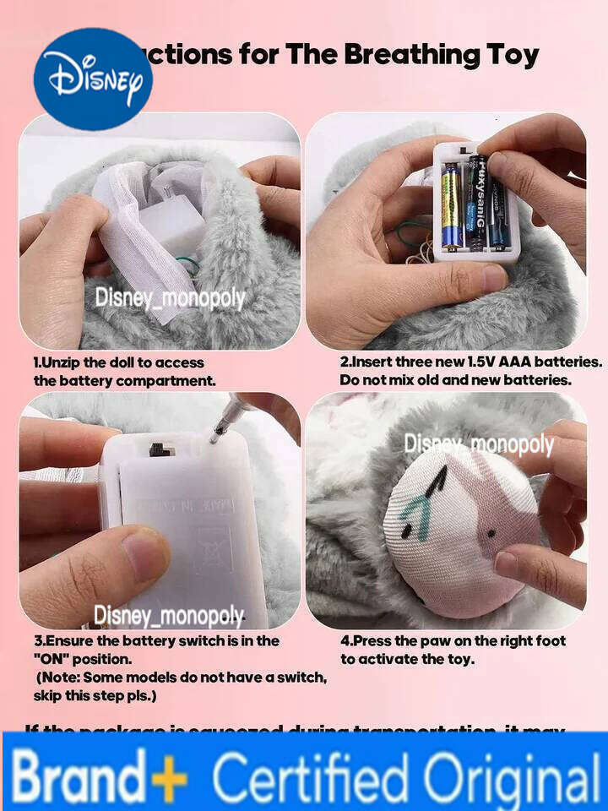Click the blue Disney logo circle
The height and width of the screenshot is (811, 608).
point(93,79)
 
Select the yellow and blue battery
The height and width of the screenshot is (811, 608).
point(452,205)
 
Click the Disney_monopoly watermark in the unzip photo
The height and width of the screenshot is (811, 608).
point(170,297)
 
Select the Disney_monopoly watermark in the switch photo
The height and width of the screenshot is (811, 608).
point(169,616)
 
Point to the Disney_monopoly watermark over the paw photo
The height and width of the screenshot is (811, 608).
point(478,444)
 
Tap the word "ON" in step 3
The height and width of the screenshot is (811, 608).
point(54,657)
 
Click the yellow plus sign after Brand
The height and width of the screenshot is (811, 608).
point(170,774)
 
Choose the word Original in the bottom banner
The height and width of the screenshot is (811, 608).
point(511,774)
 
